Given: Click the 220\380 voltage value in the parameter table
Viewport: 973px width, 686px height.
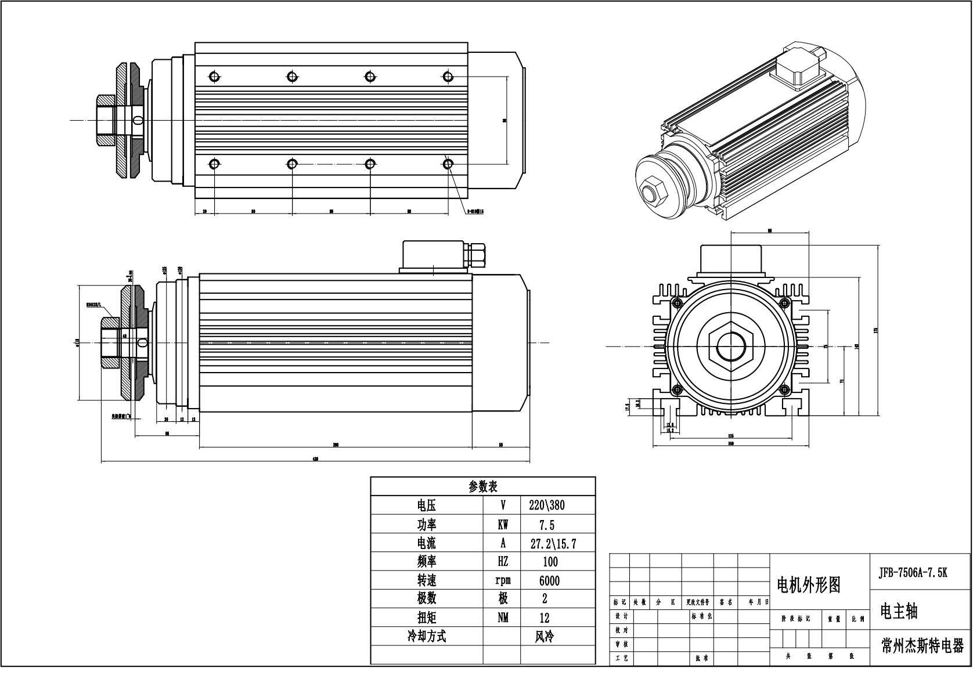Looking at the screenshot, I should pos(546,505).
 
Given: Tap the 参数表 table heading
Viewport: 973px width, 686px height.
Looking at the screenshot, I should pos(482,486).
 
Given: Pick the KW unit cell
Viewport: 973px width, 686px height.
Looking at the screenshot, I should pos(502,525).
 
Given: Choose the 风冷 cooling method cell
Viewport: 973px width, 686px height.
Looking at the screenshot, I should pos(545,636).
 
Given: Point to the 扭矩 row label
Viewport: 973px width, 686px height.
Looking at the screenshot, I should pos(427,618).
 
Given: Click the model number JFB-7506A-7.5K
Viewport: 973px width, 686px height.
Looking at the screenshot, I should pos(913,572).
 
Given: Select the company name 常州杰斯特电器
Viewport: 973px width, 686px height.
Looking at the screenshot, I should pos(922,646).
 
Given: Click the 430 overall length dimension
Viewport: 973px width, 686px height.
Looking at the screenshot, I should pos(315,459).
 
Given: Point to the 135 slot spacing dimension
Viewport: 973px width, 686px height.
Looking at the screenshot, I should pos(730,435).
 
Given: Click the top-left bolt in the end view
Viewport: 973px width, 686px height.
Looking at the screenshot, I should pos(676,302).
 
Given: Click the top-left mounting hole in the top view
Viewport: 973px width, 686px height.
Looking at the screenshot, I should pos(214,76).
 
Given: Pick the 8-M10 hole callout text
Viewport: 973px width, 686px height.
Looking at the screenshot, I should pos(475,211).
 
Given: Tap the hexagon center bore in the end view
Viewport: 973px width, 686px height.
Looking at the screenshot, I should pos(730,346).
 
